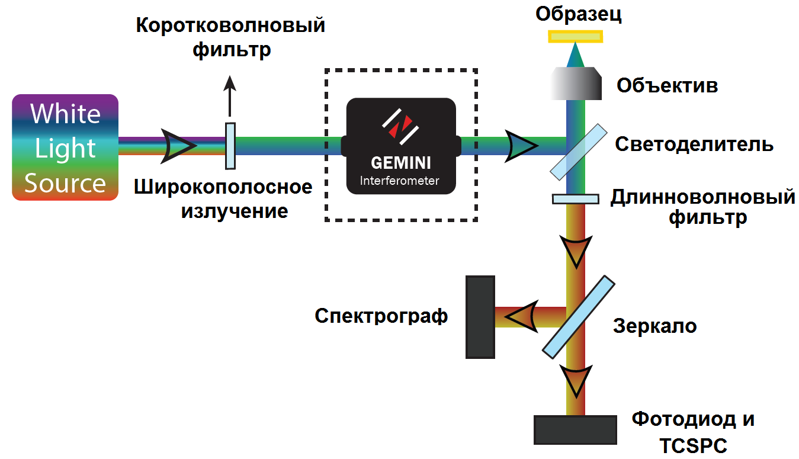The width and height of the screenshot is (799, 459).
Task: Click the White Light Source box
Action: (x=65, y=147)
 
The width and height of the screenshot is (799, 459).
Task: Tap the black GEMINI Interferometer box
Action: (x=400, y=146)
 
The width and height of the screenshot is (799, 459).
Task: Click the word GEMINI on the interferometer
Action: (x=400, y=163)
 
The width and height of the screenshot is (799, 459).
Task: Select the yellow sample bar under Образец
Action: (x=575, y=37)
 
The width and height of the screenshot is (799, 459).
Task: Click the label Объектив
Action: (x=667, y=85)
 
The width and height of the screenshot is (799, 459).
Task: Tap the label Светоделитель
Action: (x=694, y=144)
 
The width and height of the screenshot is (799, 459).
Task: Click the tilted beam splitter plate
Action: (x=579, y=151)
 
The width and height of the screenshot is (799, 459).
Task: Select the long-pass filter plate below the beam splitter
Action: (x=575, y=199)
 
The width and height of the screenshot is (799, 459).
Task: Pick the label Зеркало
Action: (x=654, y=326)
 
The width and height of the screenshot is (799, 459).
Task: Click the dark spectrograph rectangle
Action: (x=480, y=317)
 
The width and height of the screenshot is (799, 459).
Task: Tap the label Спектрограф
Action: (x=381, y=316)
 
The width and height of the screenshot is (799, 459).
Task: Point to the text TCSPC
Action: (x=693, y=445)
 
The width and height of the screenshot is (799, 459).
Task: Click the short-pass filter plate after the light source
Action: (x=230, y=146)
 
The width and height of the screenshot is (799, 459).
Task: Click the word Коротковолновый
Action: (x=231, y=26)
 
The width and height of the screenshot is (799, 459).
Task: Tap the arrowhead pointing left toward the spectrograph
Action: (x=521, y=316)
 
